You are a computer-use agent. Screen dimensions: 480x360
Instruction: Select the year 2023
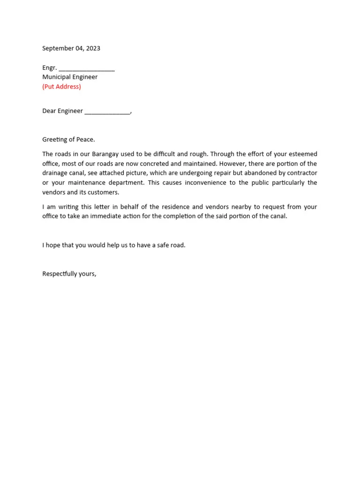[x=92, y=48]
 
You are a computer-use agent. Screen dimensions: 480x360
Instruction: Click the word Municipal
[x=56, y=77]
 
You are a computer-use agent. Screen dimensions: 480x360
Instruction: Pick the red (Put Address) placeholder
[x=61, y=87]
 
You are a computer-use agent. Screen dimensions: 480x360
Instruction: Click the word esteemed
[x=302, y=154]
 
